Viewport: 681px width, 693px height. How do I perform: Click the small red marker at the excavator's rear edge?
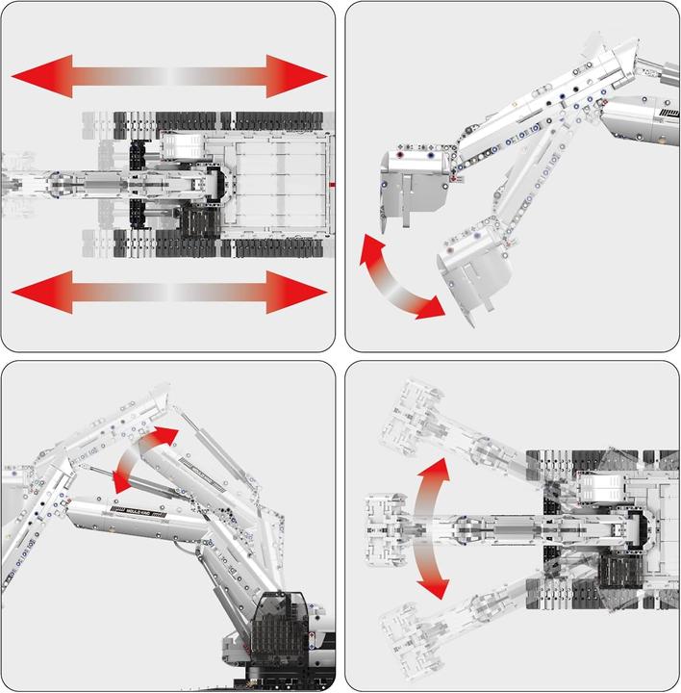tap(330, 182)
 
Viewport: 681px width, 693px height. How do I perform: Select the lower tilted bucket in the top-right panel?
tap(476, 269)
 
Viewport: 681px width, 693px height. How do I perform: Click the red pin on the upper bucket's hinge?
tap(397, 154)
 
